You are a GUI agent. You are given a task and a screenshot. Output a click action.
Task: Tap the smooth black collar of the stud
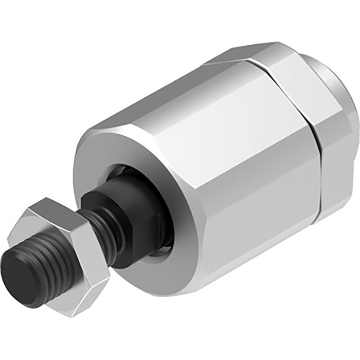click(123, 206)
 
